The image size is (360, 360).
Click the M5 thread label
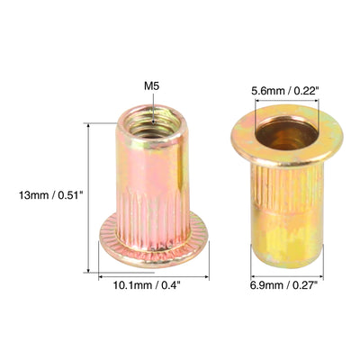[x=151, y=86]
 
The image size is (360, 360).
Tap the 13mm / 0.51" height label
[x=50, y=195]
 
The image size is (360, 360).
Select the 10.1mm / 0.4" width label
[x=147, y=285]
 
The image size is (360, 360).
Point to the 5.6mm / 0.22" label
[x=284, y=91]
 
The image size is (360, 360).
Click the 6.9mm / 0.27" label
[x=283, y=284]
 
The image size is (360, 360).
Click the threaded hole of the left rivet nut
[x=151, y=125]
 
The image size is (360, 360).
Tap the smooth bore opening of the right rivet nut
[x=286, y=134]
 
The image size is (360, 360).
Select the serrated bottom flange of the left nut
[x=154, y=240]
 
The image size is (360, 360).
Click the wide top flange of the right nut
[x=286, y=136]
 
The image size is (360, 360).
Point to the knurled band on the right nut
[x=286, y=186]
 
